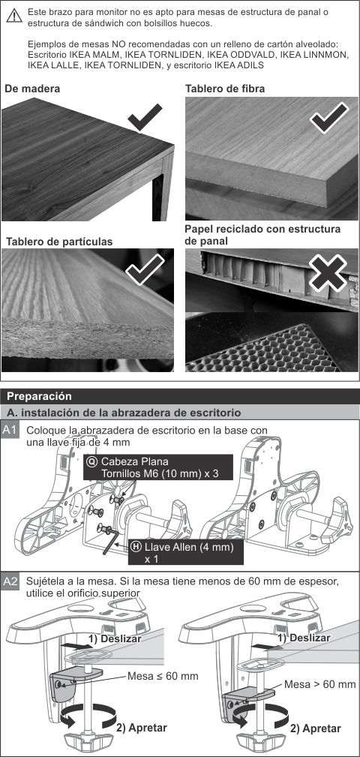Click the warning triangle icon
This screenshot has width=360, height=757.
pyautogui.click(x=14, y=16)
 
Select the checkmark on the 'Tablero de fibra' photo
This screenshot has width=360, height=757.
pyautogui.click(x=328, y=116)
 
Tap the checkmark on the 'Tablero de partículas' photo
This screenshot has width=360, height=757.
pyautogui.click(x=145, y=270)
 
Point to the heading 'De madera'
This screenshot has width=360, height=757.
pyautogui.click(x=32, y=89)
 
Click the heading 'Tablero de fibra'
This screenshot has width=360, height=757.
pyautogui.click(x=225, y=89)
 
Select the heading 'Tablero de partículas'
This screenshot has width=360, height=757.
pyautogui.click(x=58, y=242)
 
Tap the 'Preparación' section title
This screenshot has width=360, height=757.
pyautogui.click(x=39, y=396)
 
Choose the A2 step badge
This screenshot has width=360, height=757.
pyautogui.click(x=10, y=581)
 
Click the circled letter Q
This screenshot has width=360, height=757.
pyautogui.click(x=91, y=461)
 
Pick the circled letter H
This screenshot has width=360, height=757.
pyautogui.click(x=136, y=547)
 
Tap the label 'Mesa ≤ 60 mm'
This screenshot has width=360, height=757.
pyautogui.click(x=163, y=676)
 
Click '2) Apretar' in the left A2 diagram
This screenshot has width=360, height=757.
pyautogui.click(x=142, y=728)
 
